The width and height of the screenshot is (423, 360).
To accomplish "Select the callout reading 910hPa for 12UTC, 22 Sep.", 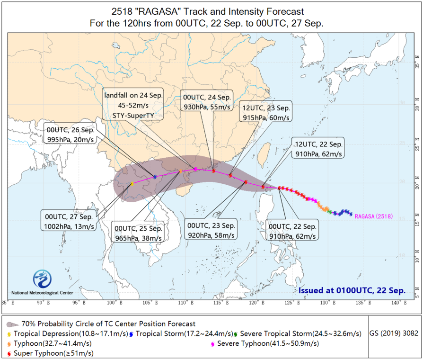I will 317,149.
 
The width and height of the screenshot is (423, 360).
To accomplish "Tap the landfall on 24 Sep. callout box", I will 134,105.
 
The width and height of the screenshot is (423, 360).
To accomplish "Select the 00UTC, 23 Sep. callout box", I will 211,230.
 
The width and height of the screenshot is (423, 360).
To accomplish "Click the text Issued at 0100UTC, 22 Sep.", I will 352,290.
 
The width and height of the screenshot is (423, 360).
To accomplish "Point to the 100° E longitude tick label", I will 113,303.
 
